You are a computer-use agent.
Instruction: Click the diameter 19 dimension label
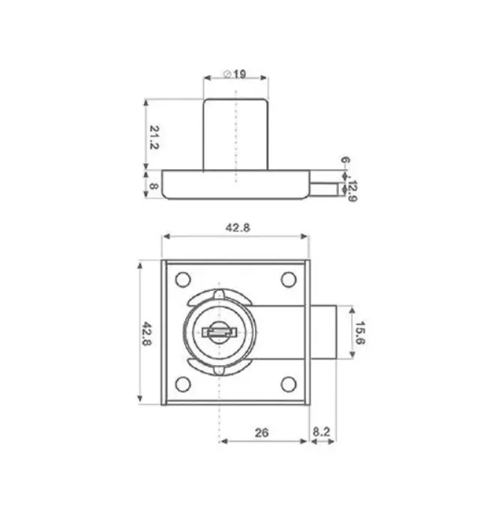[235, 74]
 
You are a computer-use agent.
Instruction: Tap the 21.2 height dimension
[154, 137]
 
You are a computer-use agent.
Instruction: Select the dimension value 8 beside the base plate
[154, 186]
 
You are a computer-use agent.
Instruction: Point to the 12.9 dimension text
[352, 191]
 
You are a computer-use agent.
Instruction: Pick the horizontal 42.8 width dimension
[238, 228]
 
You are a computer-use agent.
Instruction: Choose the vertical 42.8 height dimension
[147, 334]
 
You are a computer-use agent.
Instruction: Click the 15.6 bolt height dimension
[360, 333]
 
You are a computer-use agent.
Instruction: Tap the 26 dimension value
[262, 433]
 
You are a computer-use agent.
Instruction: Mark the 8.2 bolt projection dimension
[322, 432]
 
